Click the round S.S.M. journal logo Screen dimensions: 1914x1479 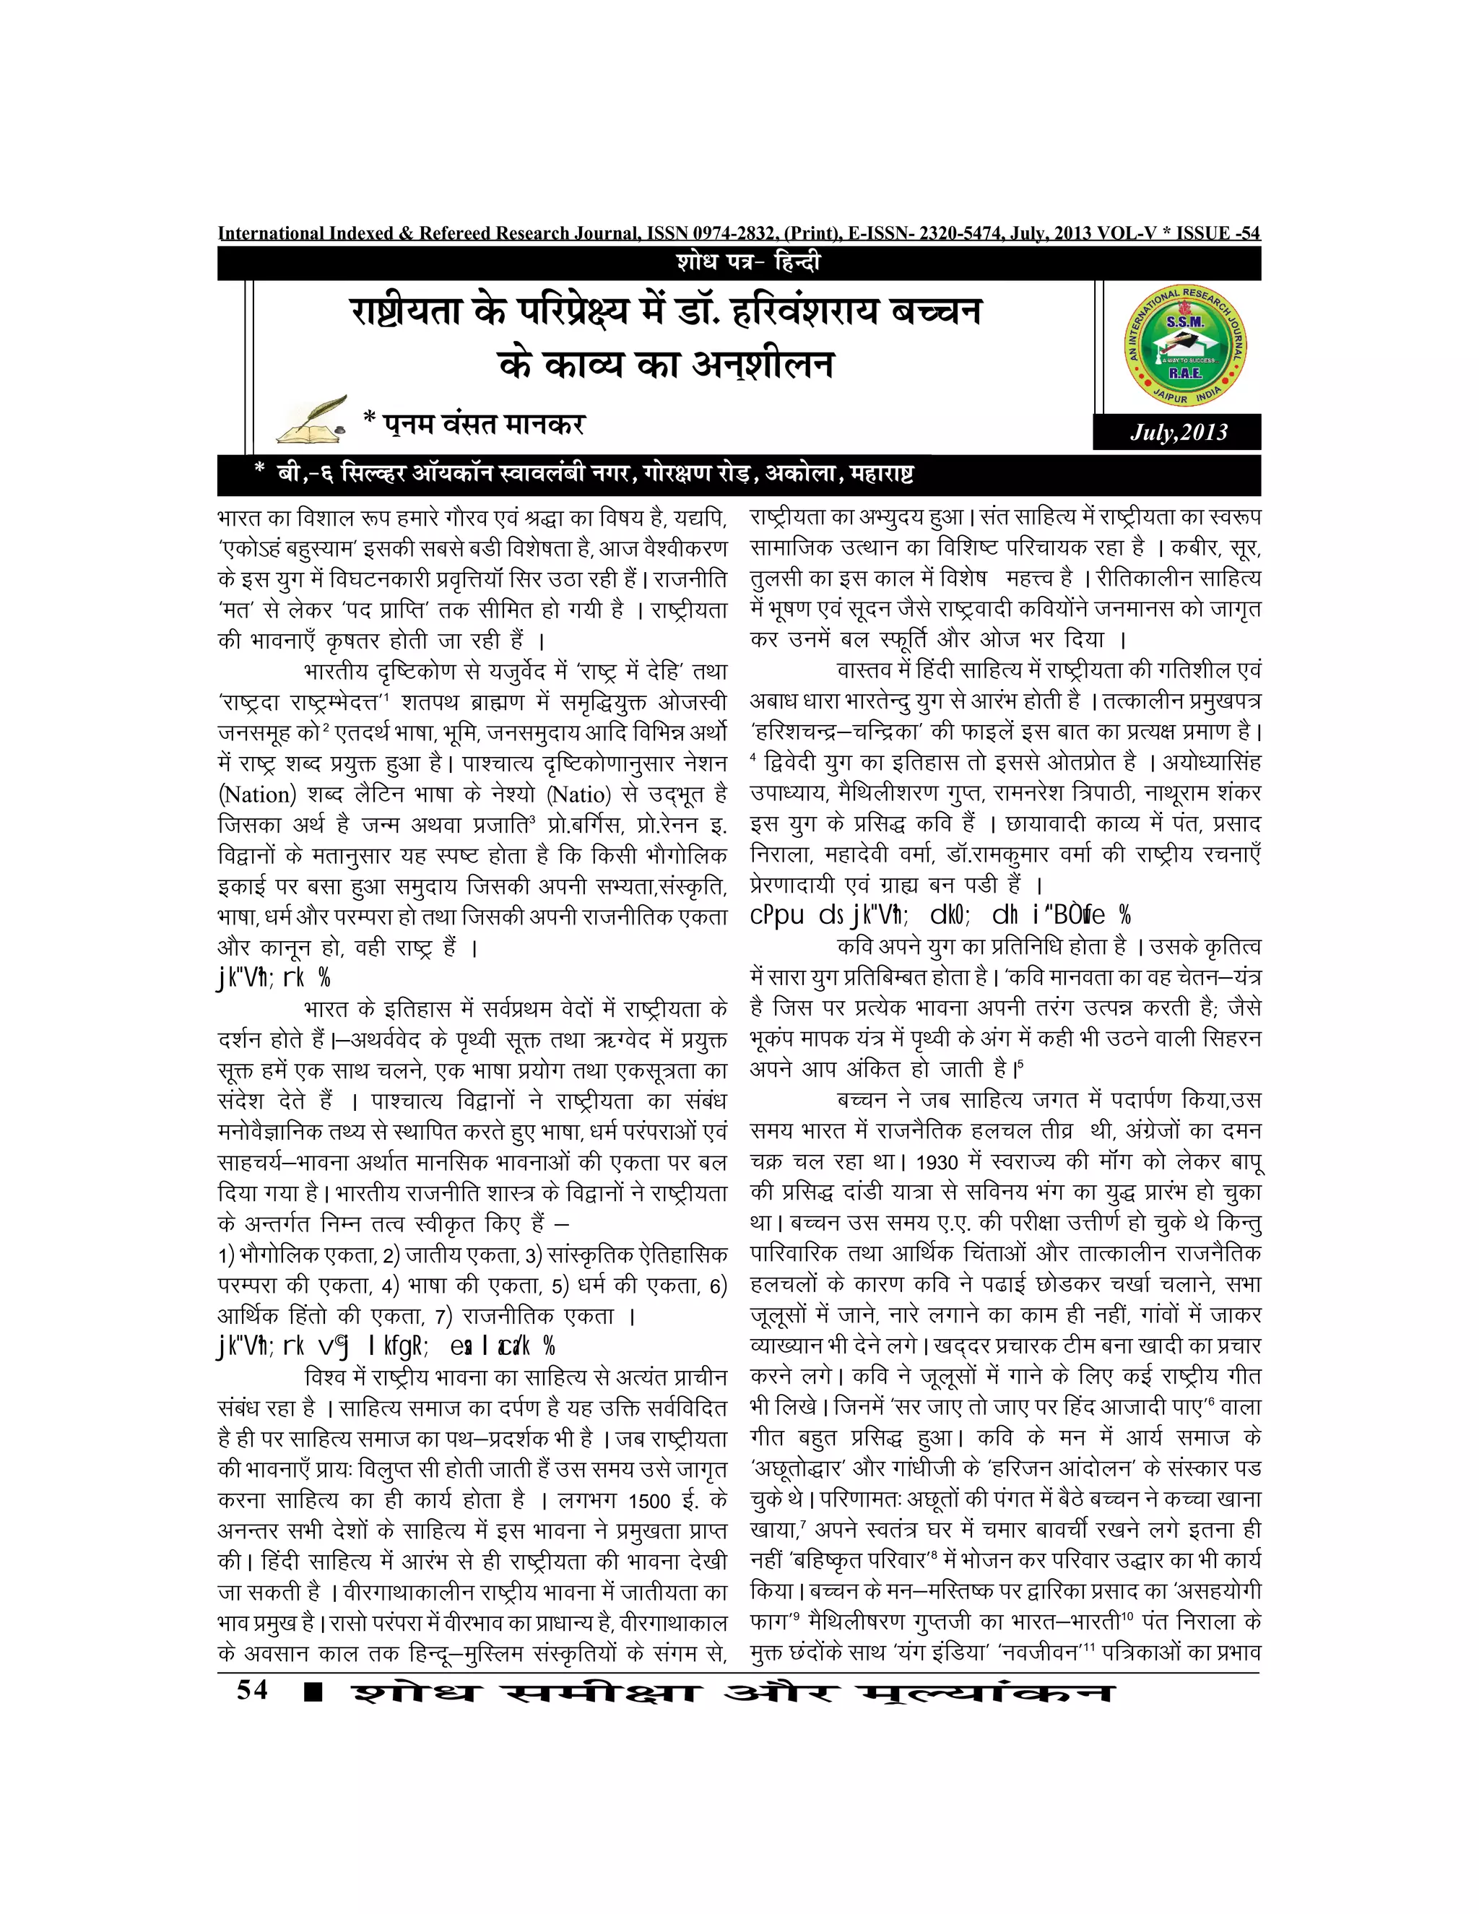pyautogui.click(x=1186, y=347)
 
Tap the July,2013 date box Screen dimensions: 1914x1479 pyautogui.click(x=1178, y=432)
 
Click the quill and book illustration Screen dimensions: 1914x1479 pyautogui.click(x=311, y=420)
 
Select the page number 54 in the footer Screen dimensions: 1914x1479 pyautogui.click(x=252, y=1689)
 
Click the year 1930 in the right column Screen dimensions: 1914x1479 pyautogui.click(x=937, y=1162)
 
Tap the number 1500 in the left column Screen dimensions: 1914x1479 pyautogui.click(x=649, y=1500)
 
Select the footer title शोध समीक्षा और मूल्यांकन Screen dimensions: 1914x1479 pyautogui.click(x=732, y=1692)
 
